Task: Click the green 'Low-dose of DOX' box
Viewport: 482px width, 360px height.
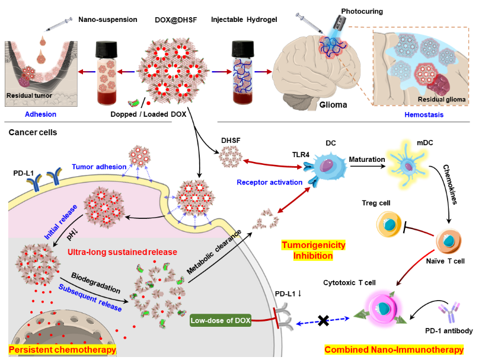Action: [x=220, y=321]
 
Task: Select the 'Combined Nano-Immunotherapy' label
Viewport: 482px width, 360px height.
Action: [x=394, y=350]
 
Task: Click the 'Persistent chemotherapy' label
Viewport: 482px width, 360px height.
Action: [x=62, y=351]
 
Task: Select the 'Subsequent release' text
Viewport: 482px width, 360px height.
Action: [x=90, y=298]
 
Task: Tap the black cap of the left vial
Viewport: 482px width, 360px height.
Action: [x=107, y=47]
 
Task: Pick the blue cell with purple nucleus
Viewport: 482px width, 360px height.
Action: [x=325, y=168]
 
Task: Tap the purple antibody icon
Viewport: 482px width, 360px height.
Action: [x=447, y=312]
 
